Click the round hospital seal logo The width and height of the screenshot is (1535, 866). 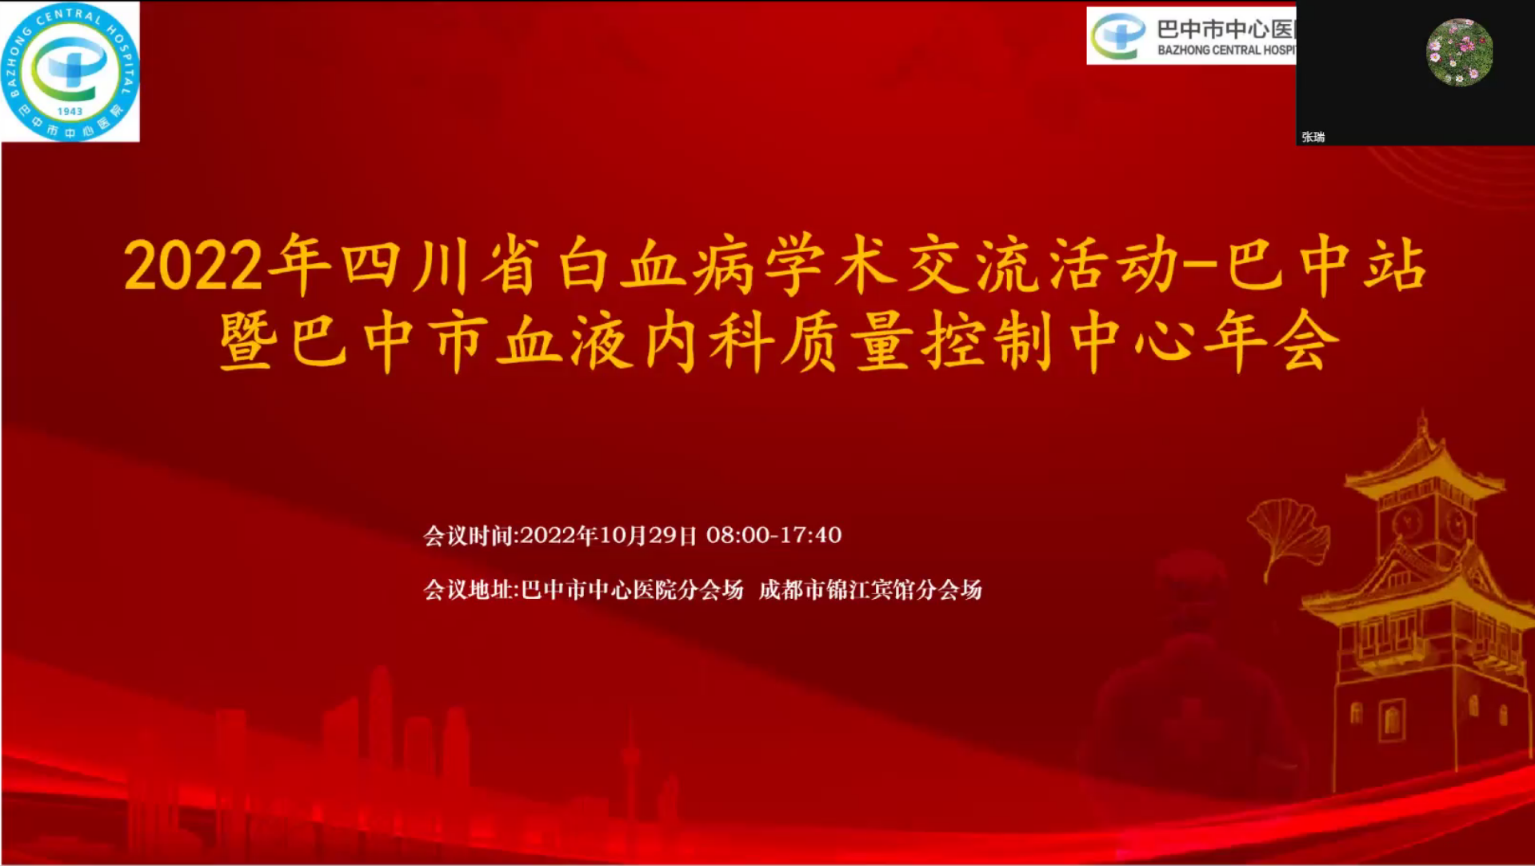[x=70, y=71]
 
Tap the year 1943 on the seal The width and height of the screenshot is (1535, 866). [x=70, y=111]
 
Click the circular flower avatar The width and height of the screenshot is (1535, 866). [x=1459, y=52]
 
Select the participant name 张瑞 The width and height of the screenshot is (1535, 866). [x=1313, y=137]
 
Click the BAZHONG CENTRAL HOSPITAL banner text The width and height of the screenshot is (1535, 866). [x=1226, y=50]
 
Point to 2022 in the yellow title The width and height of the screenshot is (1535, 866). [x=193, y=265]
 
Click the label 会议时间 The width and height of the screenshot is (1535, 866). [x=468, y=535]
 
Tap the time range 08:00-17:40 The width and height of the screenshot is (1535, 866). [x=773, y=535]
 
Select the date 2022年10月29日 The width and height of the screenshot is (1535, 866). [x=609, y=535]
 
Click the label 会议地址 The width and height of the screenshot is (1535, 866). [x=469, y=590]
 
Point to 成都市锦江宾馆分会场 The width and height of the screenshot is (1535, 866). [x=870, y=590]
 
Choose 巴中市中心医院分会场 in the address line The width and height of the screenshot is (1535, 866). [x=632, y=590]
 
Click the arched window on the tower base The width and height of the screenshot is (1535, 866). [x=1392, y=719]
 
